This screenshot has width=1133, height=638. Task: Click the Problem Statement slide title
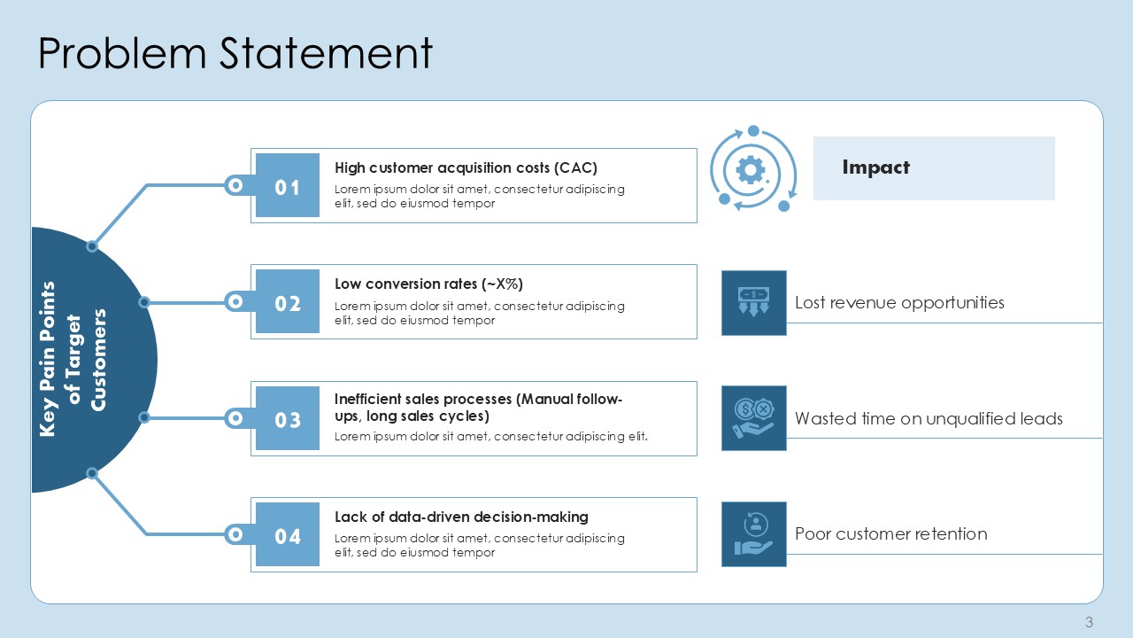pyautogui.click(x=235, y=53)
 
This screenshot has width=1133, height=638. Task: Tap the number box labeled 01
pyautogui.click(x=288, y=185)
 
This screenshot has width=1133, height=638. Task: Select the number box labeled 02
pyautogui.click(x=288, y=301)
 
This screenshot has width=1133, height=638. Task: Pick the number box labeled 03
pyautogui.click(x=288, y=418)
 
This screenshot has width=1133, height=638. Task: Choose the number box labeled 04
pyautogui.click(x=288, y=534)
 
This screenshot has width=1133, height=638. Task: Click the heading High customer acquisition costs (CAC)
pyautogui.click(x=466, y=168)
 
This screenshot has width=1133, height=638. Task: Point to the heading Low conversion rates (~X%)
pyautogui.click(x=428, y=284)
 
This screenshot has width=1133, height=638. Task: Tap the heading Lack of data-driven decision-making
pyautogui.click(x=461, y=517)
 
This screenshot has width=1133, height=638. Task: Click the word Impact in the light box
pyautogui.click(x=875, y=167)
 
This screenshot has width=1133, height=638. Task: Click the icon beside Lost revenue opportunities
pyautogui.click(x=753, y=303)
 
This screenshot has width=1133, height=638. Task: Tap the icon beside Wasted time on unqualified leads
pyautogui.click(x=753, y=418)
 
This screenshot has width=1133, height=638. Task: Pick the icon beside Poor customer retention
pyautogui.click(x=753, y=534)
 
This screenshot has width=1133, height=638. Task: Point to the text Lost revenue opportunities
pyautogui.click(x=899, y=303)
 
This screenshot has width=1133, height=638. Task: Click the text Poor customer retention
pyautogui.click(x=890, y=533)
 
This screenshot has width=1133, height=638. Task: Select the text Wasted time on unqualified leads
pyautogui.click(x=929, y=419)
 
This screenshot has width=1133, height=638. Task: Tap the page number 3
pyautogui.click(x=1089, y=622)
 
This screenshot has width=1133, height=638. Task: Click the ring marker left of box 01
pyautogui.click(x=235, y=185)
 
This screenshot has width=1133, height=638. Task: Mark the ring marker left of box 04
pyautogui.click(x=235, y=534)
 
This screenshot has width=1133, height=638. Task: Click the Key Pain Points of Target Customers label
pyautogui.click(x=73, y=359)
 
